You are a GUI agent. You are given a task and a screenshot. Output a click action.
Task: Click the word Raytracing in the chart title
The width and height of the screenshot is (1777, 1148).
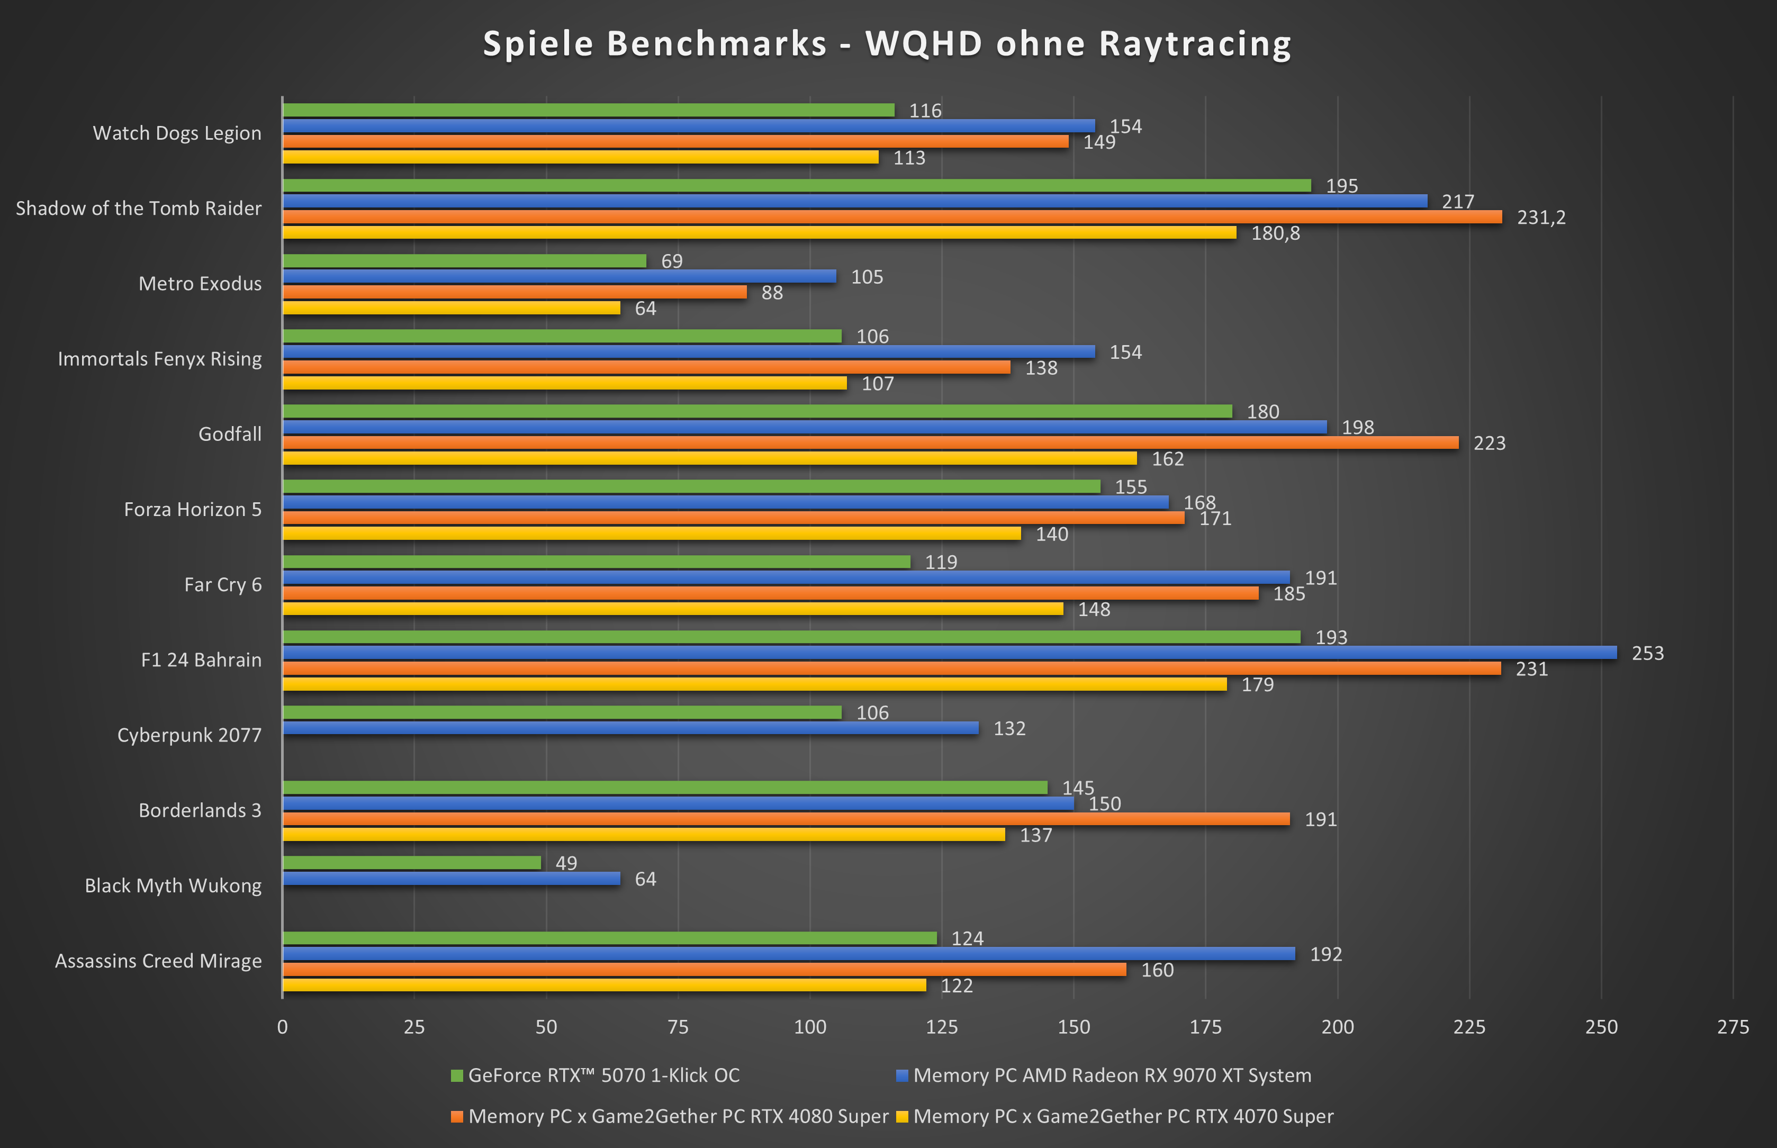point(1195,44)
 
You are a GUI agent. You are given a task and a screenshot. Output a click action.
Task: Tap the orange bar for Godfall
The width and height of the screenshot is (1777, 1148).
point(870,443)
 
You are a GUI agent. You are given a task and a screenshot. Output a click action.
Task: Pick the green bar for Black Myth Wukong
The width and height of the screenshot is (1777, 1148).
point(411,863)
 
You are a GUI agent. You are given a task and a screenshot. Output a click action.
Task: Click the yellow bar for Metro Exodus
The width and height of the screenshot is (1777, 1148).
point(451,308)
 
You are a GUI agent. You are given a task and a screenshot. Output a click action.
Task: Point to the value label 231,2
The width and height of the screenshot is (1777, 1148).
point(1541,218)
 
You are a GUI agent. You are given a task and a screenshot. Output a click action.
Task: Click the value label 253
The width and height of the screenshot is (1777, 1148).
point(1647,654)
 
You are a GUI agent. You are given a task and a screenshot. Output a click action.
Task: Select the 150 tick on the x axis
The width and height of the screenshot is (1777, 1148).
point(1074,1027)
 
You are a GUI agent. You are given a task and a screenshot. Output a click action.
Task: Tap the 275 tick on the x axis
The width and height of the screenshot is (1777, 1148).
point(1733,1027)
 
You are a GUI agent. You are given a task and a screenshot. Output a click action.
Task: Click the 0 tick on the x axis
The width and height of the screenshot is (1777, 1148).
point(283,1027)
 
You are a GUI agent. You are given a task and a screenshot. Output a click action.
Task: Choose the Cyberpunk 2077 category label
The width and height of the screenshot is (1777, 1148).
point(190,735)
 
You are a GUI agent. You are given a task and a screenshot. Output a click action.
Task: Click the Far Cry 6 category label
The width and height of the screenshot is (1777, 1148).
point(223,584)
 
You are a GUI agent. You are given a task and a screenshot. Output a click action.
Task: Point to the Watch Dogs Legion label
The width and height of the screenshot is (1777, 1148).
point(177,133)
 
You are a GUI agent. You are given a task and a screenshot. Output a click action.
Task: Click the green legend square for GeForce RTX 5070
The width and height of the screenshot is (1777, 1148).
point(457,1075)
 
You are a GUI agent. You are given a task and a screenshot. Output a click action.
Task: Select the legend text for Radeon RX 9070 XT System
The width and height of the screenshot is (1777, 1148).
point(1112,1075)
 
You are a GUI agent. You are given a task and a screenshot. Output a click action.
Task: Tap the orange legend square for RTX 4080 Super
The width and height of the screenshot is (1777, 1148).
point(457,1117)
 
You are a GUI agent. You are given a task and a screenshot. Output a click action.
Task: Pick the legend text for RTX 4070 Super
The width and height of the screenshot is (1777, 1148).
point(1123,1117)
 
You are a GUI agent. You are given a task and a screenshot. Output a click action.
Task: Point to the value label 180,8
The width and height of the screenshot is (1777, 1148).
point(1275,233)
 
